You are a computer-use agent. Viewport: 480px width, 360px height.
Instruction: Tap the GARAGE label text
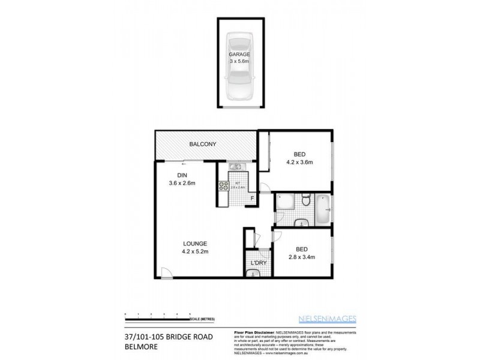click(240, 54)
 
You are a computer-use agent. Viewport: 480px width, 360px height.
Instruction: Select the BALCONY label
click(202, 145)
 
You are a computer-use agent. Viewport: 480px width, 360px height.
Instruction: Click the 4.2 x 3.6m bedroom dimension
click(299, 162)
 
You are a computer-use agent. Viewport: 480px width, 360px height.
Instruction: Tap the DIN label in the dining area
click(182, 175)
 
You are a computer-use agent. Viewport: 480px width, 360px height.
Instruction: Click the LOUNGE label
click(195, 243)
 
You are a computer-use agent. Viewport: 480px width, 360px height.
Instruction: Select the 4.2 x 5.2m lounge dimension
click(195, 251)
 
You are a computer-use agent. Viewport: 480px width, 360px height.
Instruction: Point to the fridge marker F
click(252, 197)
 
